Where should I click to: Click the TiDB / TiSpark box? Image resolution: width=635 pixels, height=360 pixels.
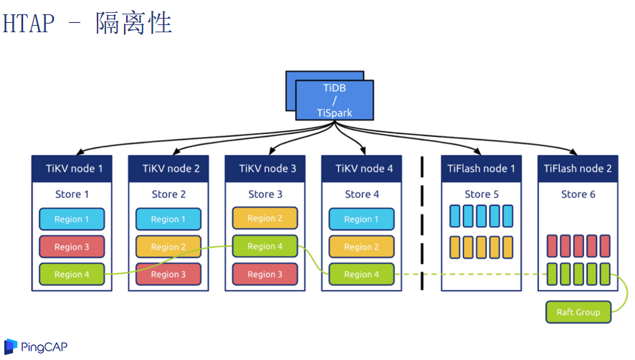click(334, 100)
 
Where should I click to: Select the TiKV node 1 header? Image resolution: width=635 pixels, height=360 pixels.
click(74, 169)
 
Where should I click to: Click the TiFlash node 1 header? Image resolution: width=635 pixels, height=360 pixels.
click(481, 169)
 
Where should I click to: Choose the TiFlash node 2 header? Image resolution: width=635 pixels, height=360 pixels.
click(578, 169)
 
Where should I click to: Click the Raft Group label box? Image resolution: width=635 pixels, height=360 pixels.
click(578, 312)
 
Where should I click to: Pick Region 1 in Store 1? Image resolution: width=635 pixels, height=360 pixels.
click(72, 219)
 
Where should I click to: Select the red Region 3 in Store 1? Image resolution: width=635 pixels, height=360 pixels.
click(72, 247)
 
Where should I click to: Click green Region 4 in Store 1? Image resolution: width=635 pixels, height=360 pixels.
click(72, 274)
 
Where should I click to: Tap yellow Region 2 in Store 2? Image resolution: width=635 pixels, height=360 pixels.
click(168, 247)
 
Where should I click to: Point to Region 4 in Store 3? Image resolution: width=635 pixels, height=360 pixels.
click(265, 246)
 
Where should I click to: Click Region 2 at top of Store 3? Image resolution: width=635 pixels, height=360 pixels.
click(265, 218)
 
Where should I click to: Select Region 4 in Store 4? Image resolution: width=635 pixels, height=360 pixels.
click(362, 274)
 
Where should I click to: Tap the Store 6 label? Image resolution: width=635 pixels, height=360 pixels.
click(578, 194)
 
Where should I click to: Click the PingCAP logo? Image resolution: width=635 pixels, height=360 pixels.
click(32, 347)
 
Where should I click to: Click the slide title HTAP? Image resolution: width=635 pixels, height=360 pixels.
click(29, 23)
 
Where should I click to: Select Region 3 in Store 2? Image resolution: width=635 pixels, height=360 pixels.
click(168, 274)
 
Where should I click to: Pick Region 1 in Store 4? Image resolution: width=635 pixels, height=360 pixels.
click(362, 219)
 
